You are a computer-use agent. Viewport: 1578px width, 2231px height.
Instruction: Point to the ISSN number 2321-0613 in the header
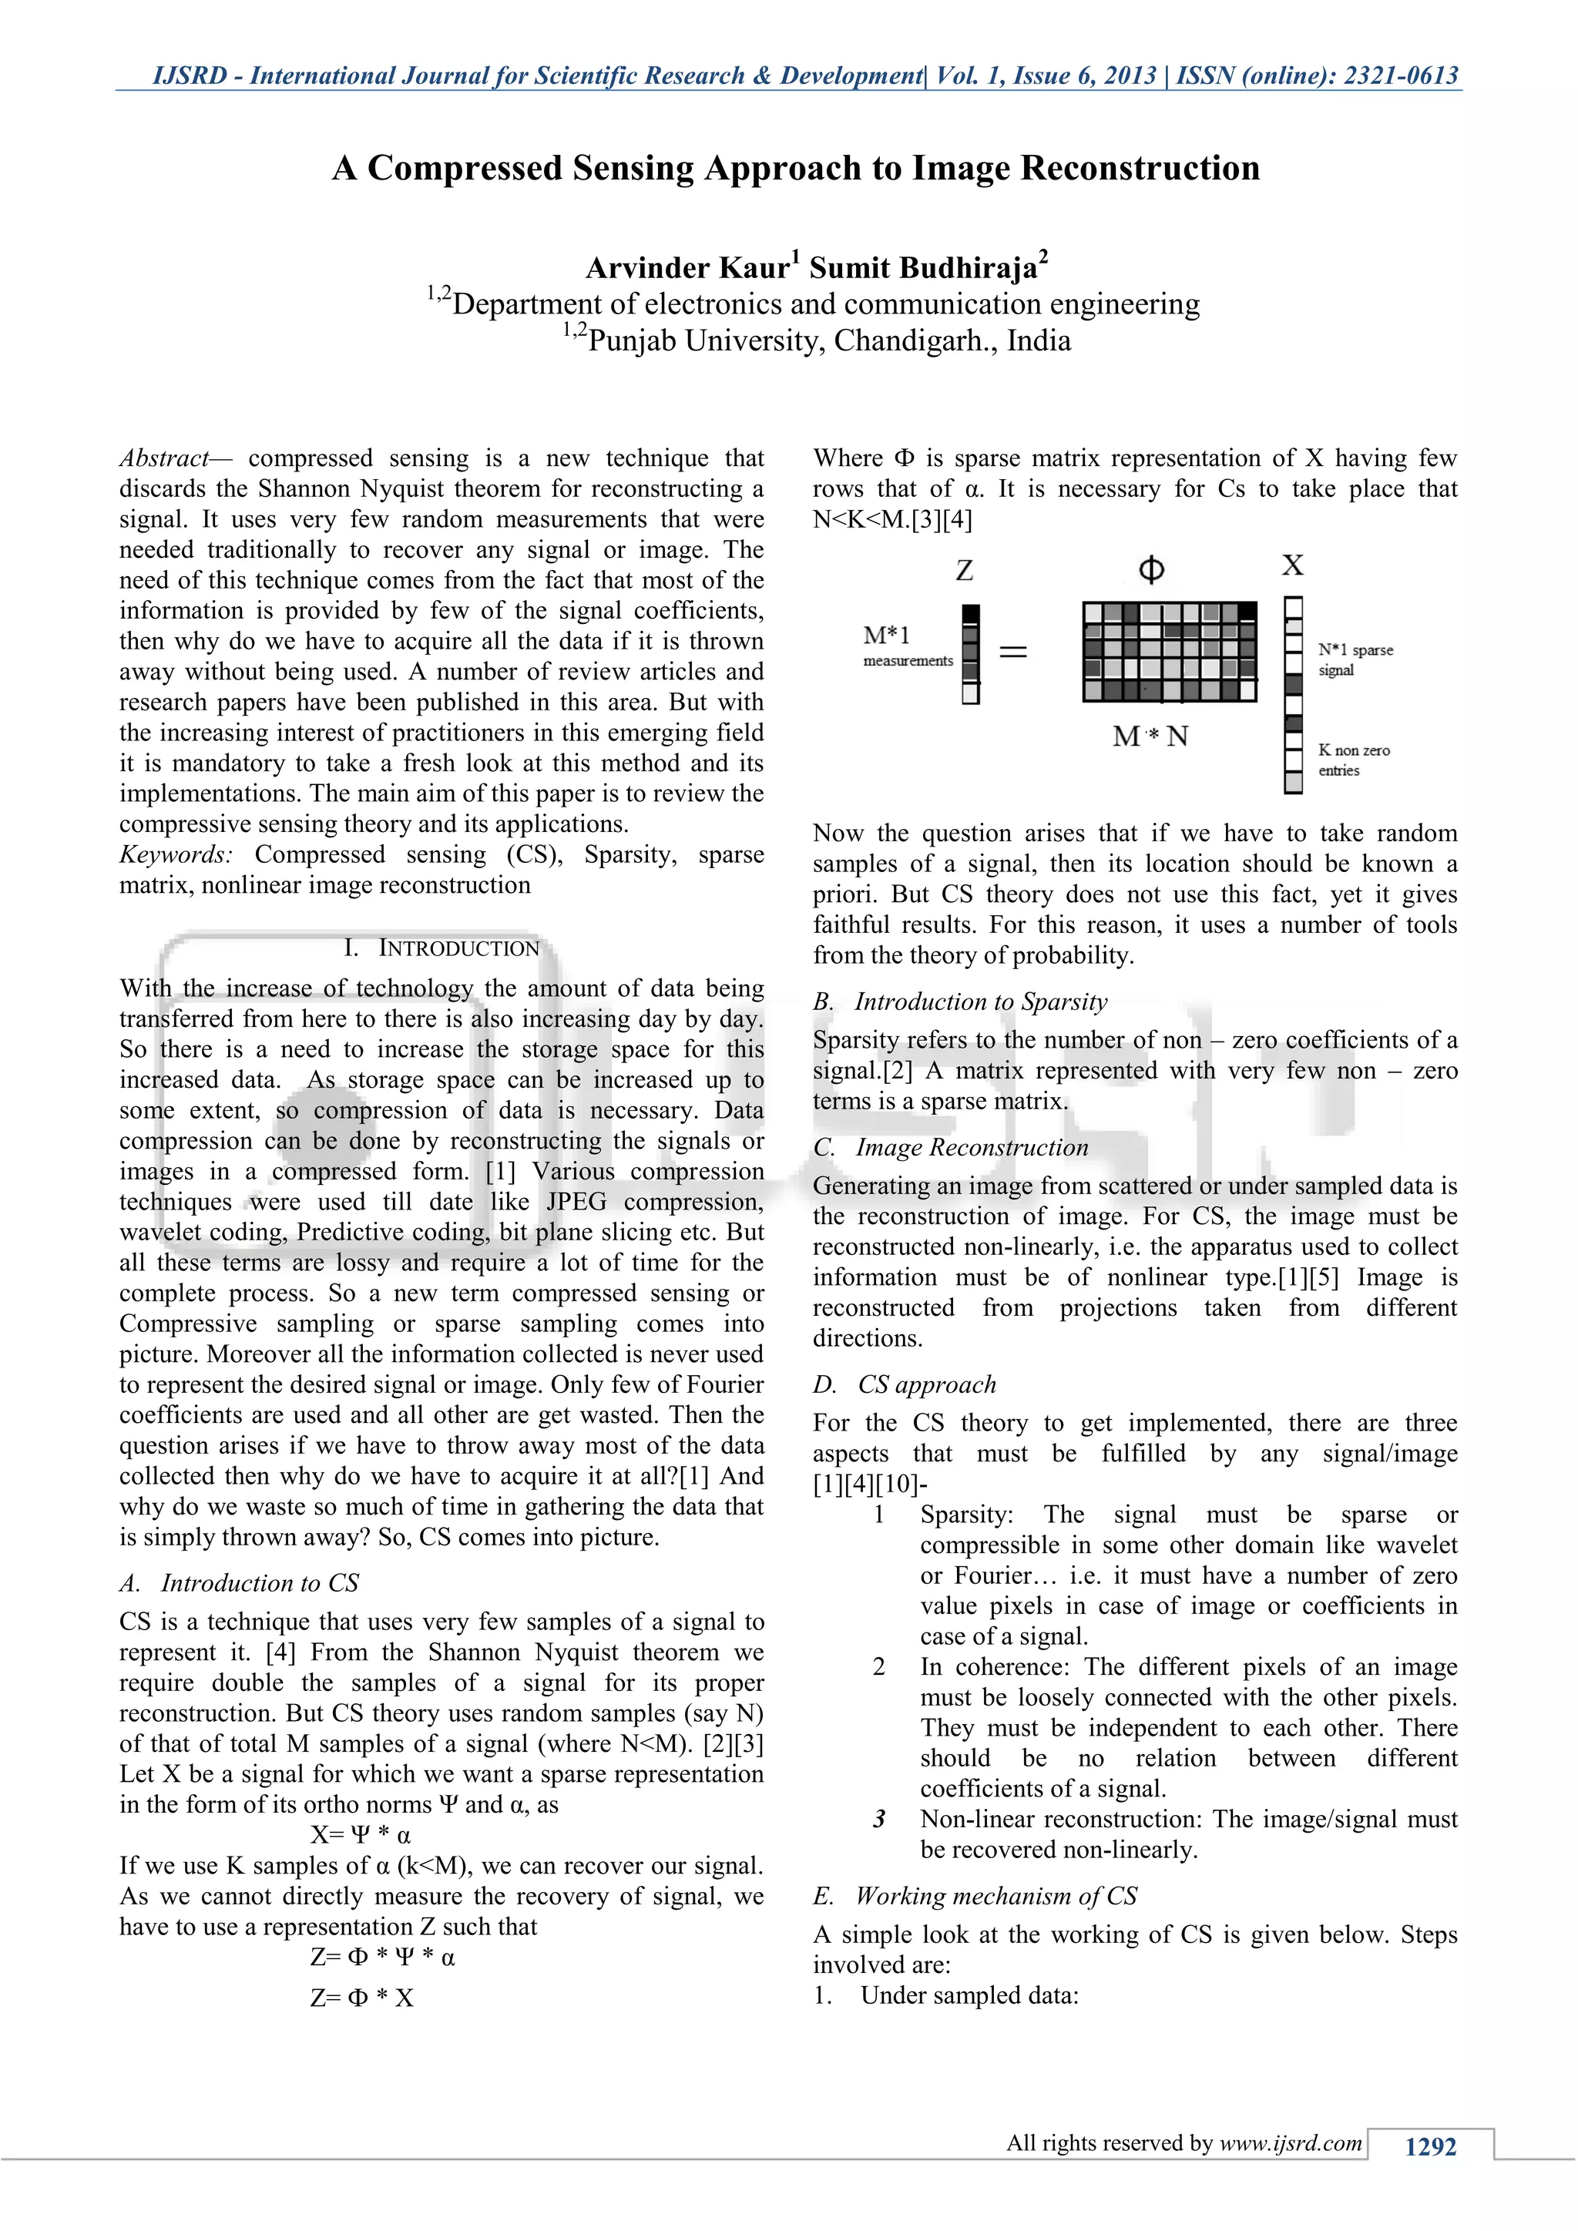point(1400,75)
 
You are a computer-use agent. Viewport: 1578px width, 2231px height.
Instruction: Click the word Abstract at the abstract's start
point(164,458)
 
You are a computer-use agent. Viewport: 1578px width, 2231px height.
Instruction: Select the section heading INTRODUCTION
point(458,948)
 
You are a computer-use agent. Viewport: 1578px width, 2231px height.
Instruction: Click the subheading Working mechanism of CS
point(996,1895)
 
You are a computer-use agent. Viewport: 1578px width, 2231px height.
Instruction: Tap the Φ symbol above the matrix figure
point(1151,569)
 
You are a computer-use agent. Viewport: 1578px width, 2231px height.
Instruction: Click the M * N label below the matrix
point(1150,736)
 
